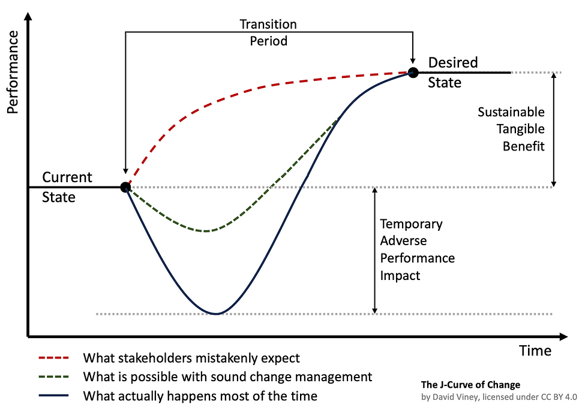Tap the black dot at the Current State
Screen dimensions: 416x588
125,187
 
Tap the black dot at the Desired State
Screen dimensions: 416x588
413,73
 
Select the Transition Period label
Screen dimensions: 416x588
268,33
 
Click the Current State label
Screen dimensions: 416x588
67,186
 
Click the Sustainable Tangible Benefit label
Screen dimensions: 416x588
511,129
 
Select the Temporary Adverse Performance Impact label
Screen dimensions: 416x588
417,250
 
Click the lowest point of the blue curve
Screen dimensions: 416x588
215,313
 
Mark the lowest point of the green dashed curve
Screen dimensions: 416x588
205,231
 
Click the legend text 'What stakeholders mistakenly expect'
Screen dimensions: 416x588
191,358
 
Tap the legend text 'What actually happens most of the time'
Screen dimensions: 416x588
200,396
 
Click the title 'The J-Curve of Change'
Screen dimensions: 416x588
470,385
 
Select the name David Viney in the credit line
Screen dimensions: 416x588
461,397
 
